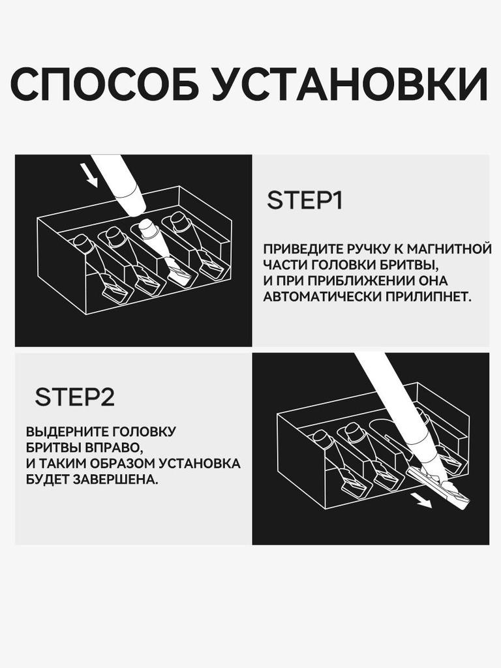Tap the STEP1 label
tap(305, 200)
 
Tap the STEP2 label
tap(74, 397)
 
